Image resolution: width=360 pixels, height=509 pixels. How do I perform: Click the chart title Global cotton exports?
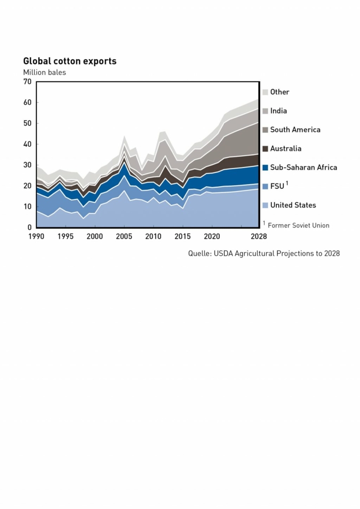69,61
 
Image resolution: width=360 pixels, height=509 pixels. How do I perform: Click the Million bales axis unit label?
44,72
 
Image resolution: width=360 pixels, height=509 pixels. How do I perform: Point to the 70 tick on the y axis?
27,82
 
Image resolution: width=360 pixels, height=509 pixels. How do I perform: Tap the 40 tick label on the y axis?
27,144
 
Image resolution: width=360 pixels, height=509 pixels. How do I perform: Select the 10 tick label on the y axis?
27,206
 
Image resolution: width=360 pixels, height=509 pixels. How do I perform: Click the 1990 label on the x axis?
36,236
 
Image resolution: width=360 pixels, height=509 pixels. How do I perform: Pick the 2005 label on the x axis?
124,236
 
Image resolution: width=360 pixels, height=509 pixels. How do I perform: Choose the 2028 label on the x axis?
259,236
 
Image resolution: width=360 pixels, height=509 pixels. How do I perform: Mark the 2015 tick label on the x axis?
183,236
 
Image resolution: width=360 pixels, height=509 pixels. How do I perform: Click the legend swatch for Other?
265,92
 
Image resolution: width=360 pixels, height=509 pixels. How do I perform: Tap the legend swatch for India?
265,111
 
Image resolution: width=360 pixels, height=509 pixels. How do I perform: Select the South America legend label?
295,130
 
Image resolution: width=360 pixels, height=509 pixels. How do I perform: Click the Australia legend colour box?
265,149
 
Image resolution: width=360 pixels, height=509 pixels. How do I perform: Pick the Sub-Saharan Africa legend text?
303,168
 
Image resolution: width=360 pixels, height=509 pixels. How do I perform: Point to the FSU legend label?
277,186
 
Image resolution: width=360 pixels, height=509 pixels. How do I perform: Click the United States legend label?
293,205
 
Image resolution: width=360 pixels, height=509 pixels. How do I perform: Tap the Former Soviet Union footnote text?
298,226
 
